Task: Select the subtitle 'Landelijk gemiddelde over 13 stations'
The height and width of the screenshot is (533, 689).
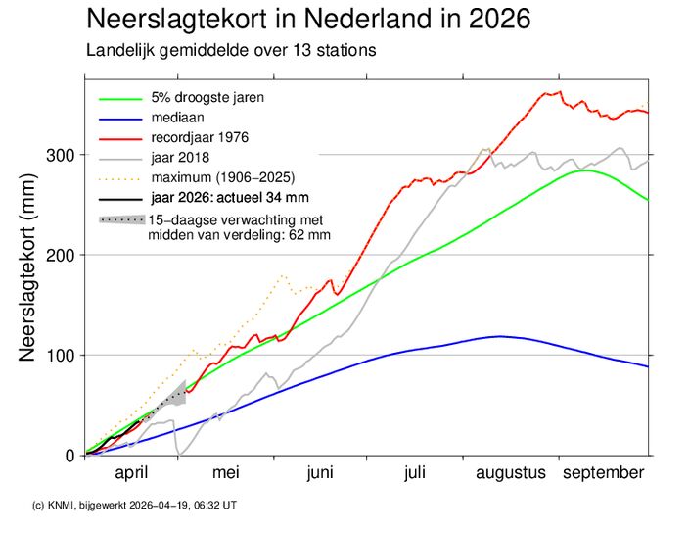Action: point(231,50)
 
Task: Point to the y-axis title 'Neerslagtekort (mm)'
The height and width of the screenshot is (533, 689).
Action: point(30,274)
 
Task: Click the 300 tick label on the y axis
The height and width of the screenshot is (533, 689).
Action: point(61,154)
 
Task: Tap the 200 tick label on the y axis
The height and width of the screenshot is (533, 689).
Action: point(61,255)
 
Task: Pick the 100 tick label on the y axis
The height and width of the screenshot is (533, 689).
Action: point(61,355)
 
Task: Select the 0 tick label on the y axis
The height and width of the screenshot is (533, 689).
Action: point(69,456)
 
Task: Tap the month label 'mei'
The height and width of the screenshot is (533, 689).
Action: point(226,473)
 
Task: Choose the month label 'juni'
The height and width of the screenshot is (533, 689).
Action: point(319,473)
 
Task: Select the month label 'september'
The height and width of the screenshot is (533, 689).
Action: point(603,473)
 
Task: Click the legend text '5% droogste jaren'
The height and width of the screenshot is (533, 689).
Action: point(207,97)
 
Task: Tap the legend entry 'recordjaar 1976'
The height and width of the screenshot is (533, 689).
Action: point(201,136)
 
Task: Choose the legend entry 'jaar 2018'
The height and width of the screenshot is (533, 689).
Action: point(181,157)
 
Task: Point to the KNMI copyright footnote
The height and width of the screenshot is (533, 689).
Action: point(135,505)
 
